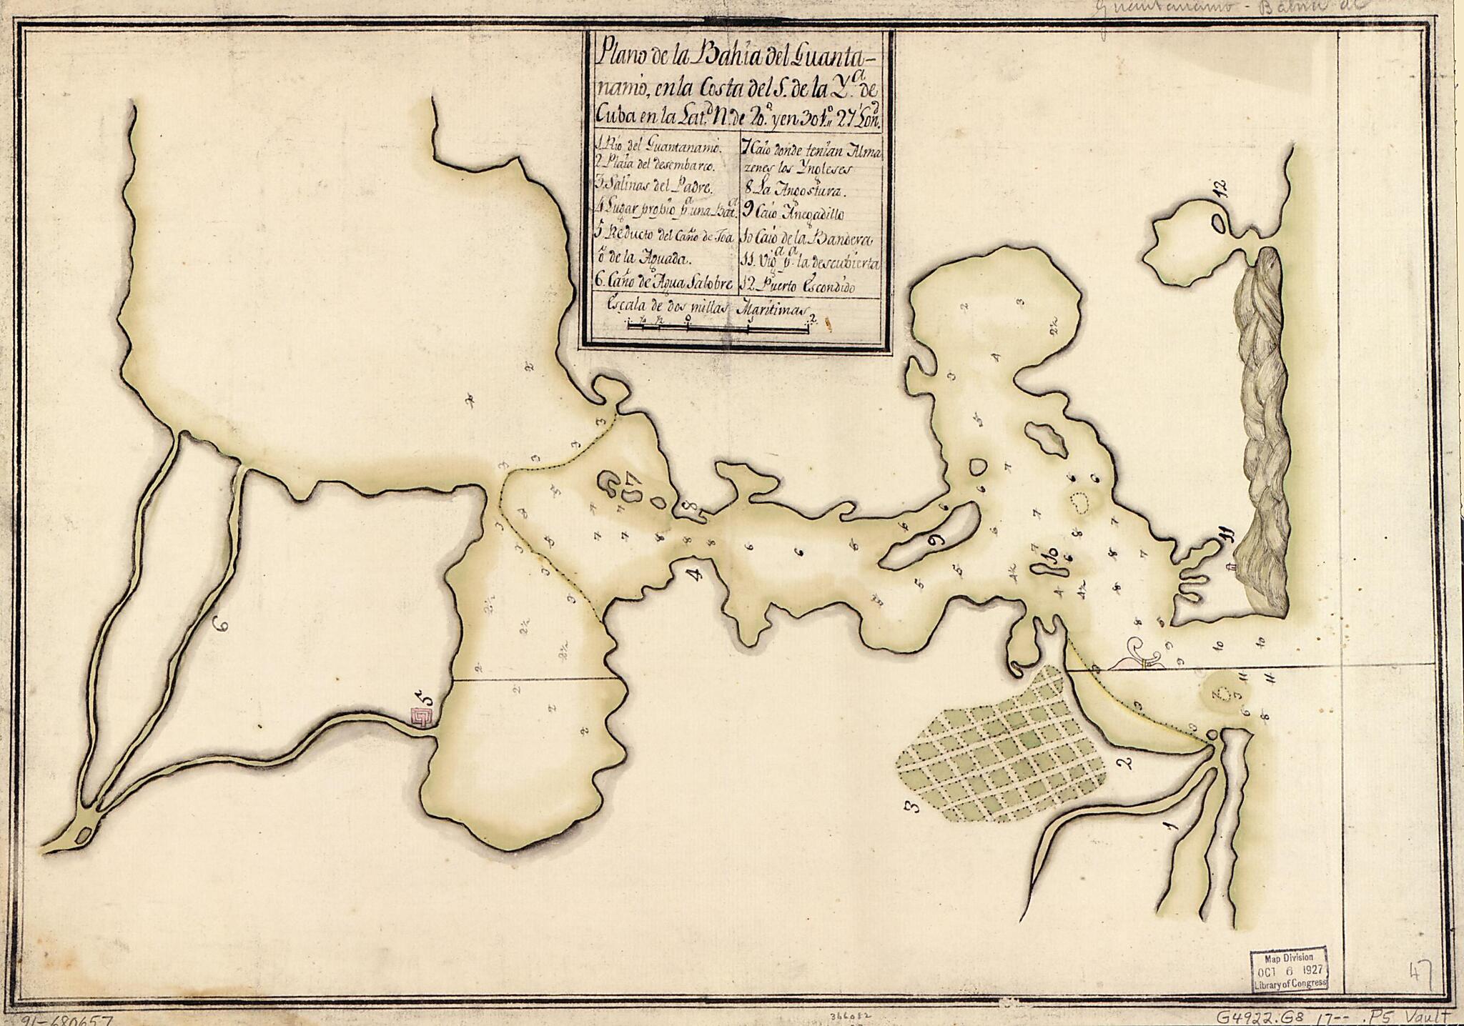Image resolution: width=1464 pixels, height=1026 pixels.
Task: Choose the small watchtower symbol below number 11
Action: coord(1230,568)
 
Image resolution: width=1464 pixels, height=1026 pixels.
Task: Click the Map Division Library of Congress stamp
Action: coord(1288,968)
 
